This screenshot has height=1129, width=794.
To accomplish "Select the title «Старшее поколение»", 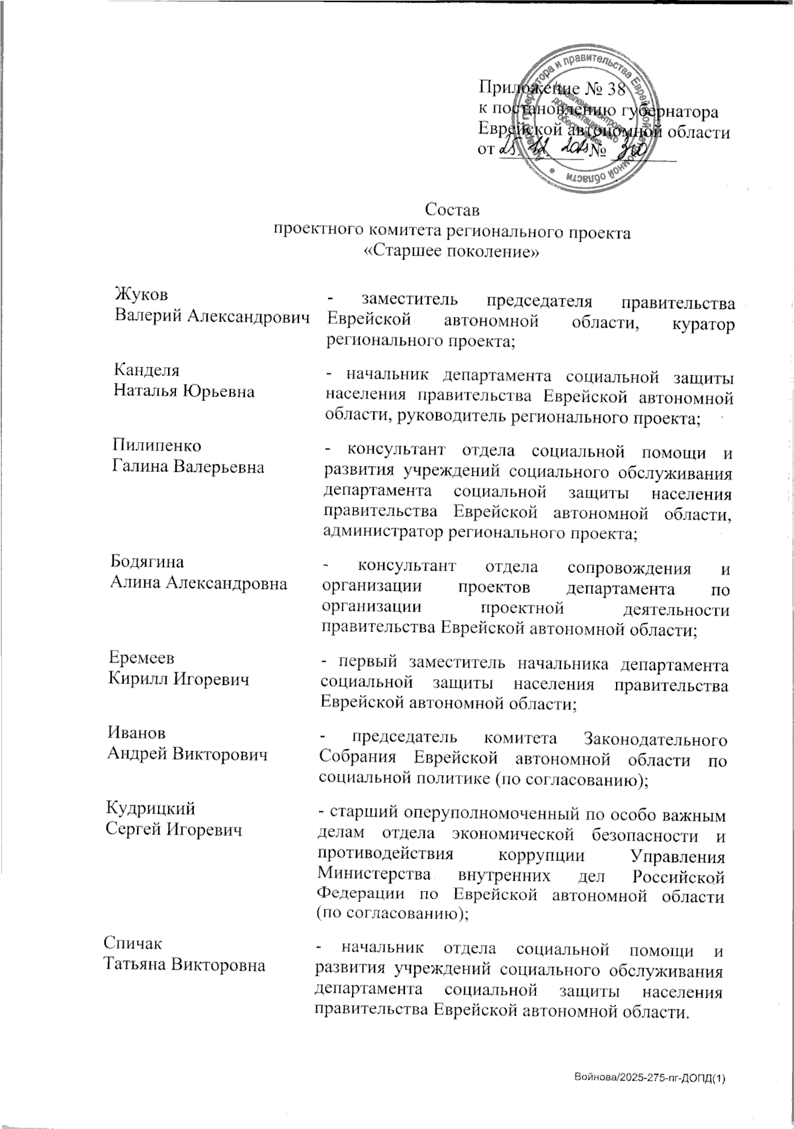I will tap(453, 252).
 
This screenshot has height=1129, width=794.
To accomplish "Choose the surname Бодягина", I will tap(147, 562).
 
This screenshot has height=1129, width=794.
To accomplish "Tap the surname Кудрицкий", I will tap(151, 808).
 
